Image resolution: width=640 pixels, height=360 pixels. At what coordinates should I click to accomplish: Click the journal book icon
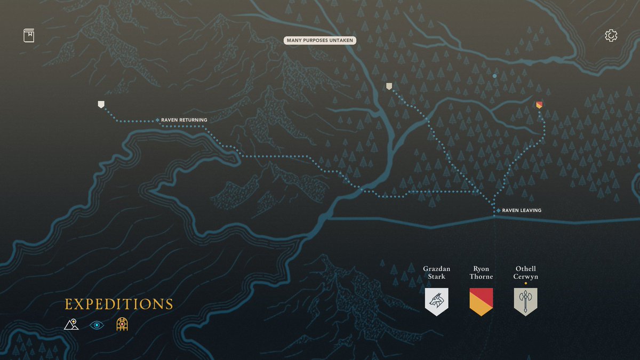coord(29,36)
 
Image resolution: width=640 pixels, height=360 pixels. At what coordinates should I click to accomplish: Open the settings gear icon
coord(611,36)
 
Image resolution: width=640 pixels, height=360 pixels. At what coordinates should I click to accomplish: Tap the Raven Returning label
coord(184,120)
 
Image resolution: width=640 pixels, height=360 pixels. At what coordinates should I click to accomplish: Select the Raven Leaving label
coord(522,211)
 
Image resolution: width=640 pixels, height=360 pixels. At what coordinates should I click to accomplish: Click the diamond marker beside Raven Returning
coord(157,119)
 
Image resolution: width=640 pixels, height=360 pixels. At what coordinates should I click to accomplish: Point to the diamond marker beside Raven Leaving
coord(498,211)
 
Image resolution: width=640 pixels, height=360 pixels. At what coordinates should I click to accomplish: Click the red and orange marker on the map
coord(539,105)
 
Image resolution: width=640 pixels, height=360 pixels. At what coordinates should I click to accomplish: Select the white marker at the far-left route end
coord(101,104)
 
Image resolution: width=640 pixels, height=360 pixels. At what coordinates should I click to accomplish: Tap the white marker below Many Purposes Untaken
coord(389,86)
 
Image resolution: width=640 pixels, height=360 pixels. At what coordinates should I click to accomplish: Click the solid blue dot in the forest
coord(494,76)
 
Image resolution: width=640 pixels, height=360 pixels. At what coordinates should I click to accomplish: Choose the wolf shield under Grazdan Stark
coord(437,301)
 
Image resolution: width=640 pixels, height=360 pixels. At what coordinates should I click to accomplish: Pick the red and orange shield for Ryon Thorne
coord(481,301)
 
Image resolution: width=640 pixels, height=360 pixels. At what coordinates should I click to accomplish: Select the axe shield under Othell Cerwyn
coord(525,301)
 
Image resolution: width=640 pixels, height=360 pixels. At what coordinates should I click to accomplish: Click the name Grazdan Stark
coord(434,273)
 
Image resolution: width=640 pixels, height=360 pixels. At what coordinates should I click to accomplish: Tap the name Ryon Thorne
coord(481,273)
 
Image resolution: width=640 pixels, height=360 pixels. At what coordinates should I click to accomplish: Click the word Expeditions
coord(119,305)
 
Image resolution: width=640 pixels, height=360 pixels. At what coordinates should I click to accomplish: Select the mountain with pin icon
coord(71,324)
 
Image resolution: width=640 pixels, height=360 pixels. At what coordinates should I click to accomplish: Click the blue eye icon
coord(97,325)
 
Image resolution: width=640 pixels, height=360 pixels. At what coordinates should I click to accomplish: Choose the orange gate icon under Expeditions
coord(122,324)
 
